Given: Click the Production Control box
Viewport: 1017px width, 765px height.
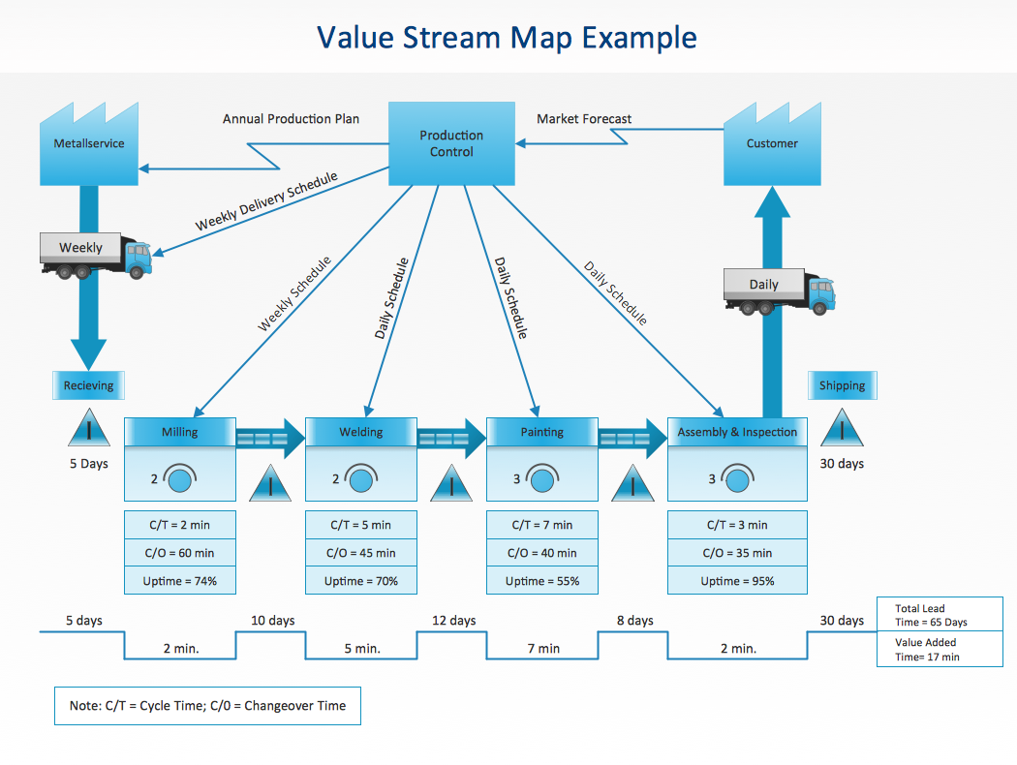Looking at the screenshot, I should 451,144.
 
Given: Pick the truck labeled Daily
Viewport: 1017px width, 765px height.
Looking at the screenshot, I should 779,291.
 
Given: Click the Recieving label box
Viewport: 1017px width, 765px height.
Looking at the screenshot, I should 88,385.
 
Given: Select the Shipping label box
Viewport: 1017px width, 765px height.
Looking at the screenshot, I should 842,385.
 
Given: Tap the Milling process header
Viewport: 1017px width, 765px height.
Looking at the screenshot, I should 180,432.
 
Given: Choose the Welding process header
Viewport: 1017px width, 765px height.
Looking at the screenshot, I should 360,432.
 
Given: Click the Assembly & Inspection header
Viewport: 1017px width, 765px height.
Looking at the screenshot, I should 737,432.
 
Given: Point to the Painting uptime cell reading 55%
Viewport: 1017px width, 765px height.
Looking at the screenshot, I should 541,581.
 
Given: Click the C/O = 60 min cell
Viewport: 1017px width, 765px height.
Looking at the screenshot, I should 180,553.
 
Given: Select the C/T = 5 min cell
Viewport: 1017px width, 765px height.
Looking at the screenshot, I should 360,525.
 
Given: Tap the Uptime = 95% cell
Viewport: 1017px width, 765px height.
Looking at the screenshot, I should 737,581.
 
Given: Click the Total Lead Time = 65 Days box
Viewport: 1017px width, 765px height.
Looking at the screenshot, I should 940,616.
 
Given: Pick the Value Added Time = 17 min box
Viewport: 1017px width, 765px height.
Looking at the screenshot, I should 940,649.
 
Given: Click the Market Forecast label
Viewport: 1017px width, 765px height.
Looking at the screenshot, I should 584,119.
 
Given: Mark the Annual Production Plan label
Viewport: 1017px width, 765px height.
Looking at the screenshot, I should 291,119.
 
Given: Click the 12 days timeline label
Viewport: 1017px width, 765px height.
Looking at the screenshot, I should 453,621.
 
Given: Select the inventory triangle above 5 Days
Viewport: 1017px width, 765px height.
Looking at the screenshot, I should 88,428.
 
